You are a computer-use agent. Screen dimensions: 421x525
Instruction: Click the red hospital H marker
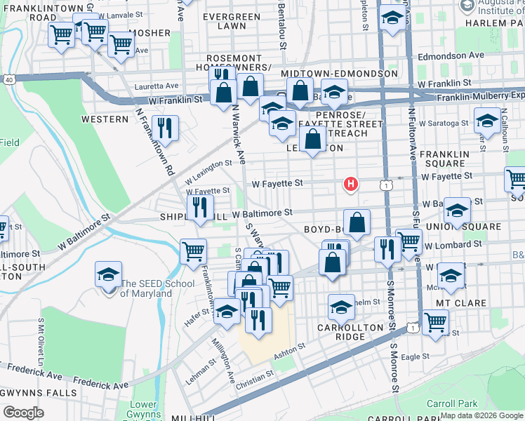pyautogui.click(x=350, y=185)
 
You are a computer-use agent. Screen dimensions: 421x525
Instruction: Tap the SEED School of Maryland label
pyautogui.click(x=145, y=288)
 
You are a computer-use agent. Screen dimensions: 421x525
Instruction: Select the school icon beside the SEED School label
pyautogui.click(x=109, y=275)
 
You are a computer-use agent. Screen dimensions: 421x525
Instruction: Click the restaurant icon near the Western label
pyautogui.click(x=166, y=128)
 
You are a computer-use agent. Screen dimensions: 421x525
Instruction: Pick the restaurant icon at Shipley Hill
pyautogui.click(x=200, y=207)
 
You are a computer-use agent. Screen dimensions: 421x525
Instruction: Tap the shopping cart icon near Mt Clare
pyautogui.click(x=436, y=324)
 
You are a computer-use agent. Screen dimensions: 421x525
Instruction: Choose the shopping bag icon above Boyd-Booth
pyautogui.click(x=357, y=222)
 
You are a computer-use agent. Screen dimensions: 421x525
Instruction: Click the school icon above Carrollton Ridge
pyautogui.click(x=342, y=307)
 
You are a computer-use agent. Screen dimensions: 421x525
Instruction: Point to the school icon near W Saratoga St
pyautogui.click(x=487, y=121)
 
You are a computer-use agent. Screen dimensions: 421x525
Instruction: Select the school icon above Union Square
pyautogui.click(x=458, y=211)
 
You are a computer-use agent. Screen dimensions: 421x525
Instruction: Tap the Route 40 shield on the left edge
pyautogui.click(x=8, y=80)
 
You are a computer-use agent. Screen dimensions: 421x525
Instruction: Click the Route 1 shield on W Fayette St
pyautogui.click(x=385, y=185)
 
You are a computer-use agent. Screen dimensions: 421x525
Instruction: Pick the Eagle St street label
pyautogui.click(x=415, y=356)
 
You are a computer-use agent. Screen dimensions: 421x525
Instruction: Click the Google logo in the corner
pyautogui.click(x=23, y=412)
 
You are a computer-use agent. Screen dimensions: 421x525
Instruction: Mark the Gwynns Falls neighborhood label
pyautogui.click(x=38, y=392)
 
